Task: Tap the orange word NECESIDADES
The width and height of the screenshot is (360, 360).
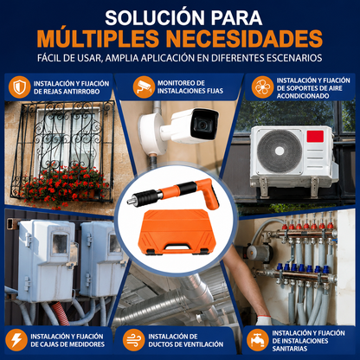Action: tap(245, 38)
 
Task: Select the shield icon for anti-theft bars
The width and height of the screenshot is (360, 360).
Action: tap(19, 87)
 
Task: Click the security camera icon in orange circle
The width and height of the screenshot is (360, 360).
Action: tap(144, 87)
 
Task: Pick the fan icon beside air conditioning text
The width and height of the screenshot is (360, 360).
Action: tap(262, 87)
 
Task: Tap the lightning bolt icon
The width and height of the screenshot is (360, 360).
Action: tap(16, 340)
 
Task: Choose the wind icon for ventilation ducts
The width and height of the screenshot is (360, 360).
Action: tap(134, 340)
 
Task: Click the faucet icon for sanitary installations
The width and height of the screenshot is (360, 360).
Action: tap(258, 340)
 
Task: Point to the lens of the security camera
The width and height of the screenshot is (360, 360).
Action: tap(202, 125)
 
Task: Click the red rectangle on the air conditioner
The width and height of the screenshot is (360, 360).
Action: tap(315, 136)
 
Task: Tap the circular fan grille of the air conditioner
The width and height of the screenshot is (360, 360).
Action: tap(280, 151)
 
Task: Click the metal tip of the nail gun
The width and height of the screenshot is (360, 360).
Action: tap(132, 200)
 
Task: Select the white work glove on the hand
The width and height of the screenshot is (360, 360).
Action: tap(263, 320)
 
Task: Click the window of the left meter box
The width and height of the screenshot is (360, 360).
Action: tap(60, 243)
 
